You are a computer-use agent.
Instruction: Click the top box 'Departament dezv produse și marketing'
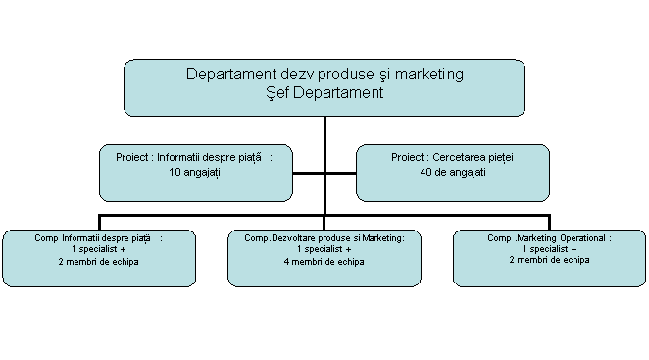pos(324,87)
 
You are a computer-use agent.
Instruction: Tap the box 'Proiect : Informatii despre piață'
pos(195,173)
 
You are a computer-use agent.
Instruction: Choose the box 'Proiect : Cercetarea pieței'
pos(452,173)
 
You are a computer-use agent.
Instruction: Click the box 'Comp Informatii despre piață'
pos(98,258)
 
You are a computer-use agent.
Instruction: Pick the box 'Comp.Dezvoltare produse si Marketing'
pos(324,258)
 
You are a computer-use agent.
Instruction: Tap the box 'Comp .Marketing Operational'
pos(549,258)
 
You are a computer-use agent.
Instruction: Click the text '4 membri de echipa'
pos(324,262)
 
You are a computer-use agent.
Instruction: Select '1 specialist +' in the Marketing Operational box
pos(549,249)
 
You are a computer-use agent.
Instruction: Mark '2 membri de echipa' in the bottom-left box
pos(99,262)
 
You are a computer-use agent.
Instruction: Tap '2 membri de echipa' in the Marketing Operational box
pos(549,260)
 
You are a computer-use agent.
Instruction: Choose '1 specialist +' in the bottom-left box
pos(99,250)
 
